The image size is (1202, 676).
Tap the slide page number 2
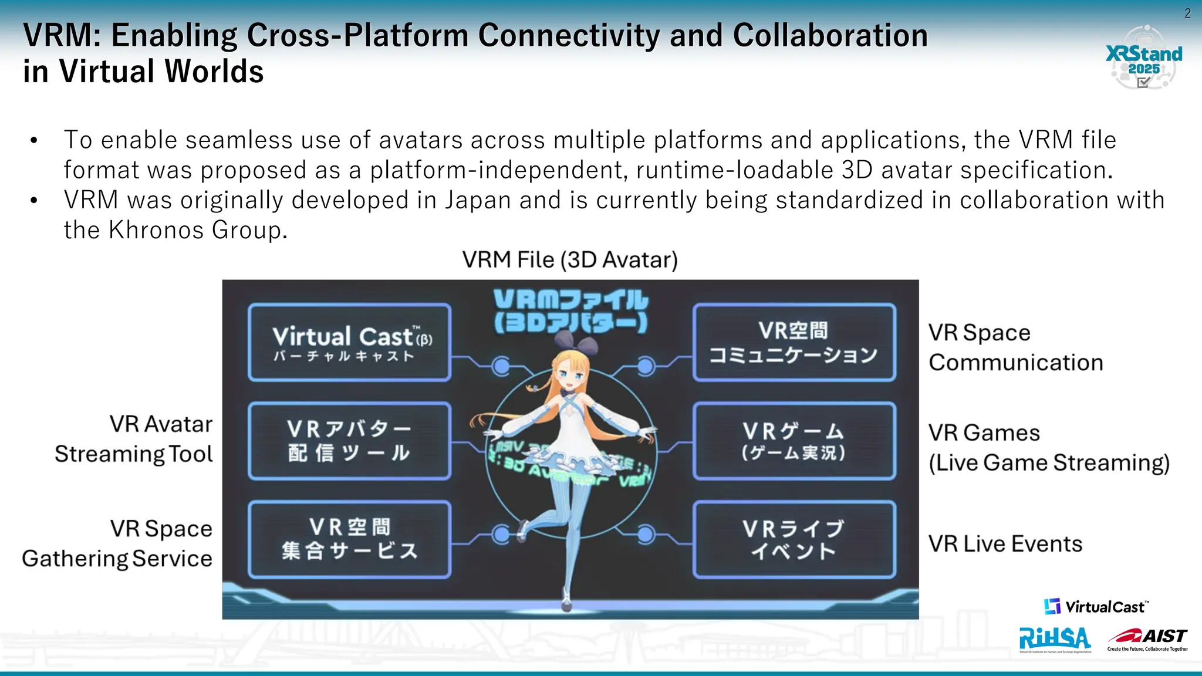[1187, 13]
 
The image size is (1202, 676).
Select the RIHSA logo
[1055, 639]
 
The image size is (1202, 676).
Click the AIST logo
[1147, 638]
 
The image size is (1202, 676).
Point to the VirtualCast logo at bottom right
[1096, 607]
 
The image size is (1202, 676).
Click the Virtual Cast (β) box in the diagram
[350, 343]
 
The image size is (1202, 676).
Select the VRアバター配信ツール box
[350, 441]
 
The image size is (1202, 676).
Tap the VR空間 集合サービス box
[350, 539]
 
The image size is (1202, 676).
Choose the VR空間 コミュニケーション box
[794, 343]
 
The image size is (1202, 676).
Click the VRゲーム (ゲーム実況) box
[794, 441]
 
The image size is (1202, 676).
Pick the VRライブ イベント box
[794, 539]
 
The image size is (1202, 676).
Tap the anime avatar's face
[568, 376]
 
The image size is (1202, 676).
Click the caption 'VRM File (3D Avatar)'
[569, 260]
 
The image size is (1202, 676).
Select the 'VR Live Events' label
[1005, 544]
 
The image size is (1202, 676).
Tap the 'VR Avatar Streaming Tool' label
[134, 439]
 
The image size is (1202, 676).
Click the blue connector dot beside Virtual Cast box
[501, 366]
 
